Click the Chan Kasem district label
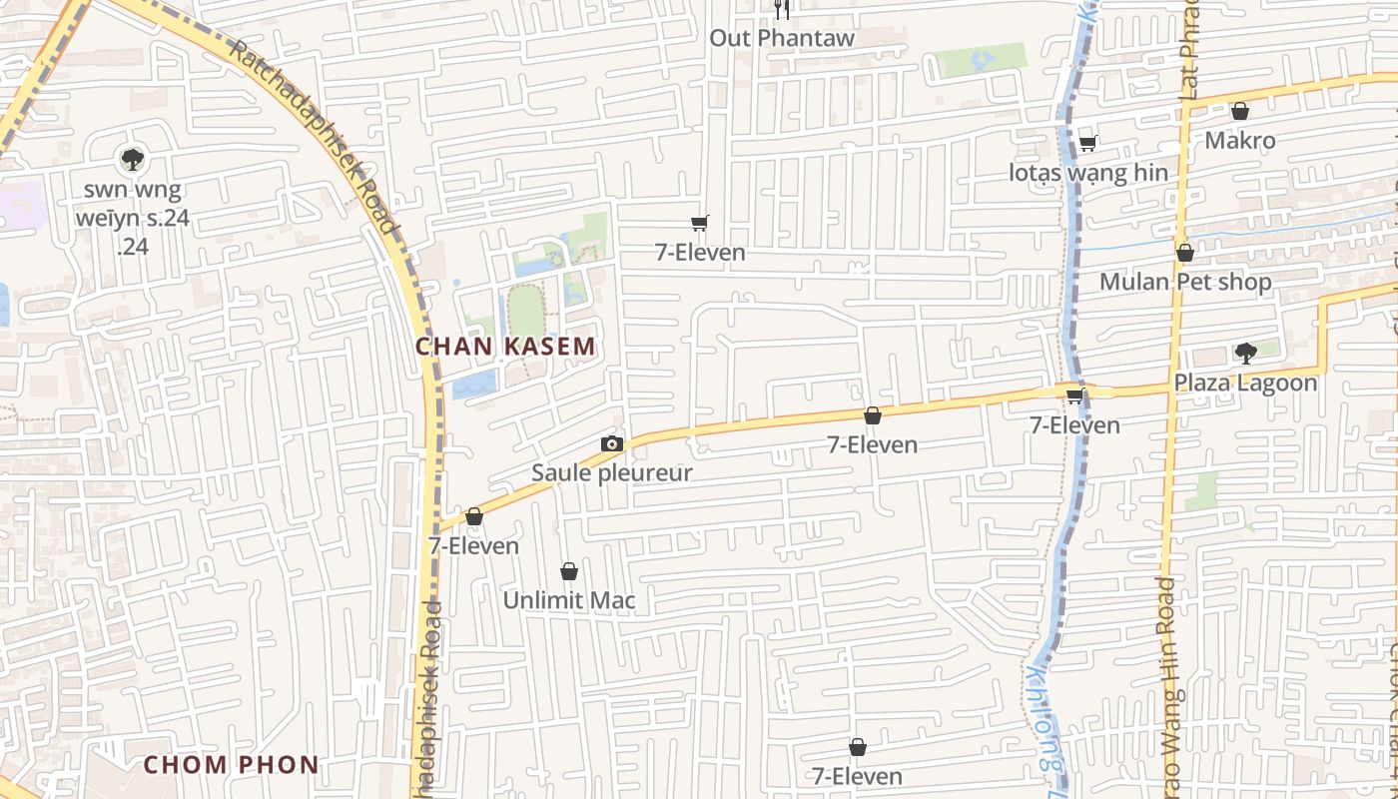tap(505, 347)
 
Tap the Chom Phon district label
tap(231, 765)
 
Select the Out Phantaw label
tap(782, 38)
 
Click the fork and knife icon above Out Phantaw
tap(782, 10)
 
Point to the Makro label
tap(1239, 140)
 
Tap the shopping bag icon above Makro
tap(1239, 111)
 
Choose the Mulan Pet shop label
tap(1185, 282)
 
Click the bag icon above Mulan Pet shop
tap(1184, 253)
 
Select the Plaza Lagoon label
tap(1245, 383)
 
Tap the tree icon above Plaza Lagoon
tap(1245, 353)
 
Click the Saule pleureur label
tap(611, 472)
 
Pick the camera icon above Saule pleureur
tap(612, 443)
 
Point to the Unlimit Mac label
tap(568, 600)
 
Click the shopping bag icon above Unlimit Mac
tap(568, 571)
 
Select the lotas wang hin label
tap(1087, 173)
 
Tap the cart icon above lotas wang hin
tap(1087, 144)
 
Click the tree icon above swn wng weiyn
tap(132, 158)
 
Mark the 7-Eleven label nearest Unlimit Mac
tap(473, 545)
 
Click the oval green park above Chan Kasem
tap(526, 311)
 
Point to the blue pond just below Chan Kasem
tap(474, 384)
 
